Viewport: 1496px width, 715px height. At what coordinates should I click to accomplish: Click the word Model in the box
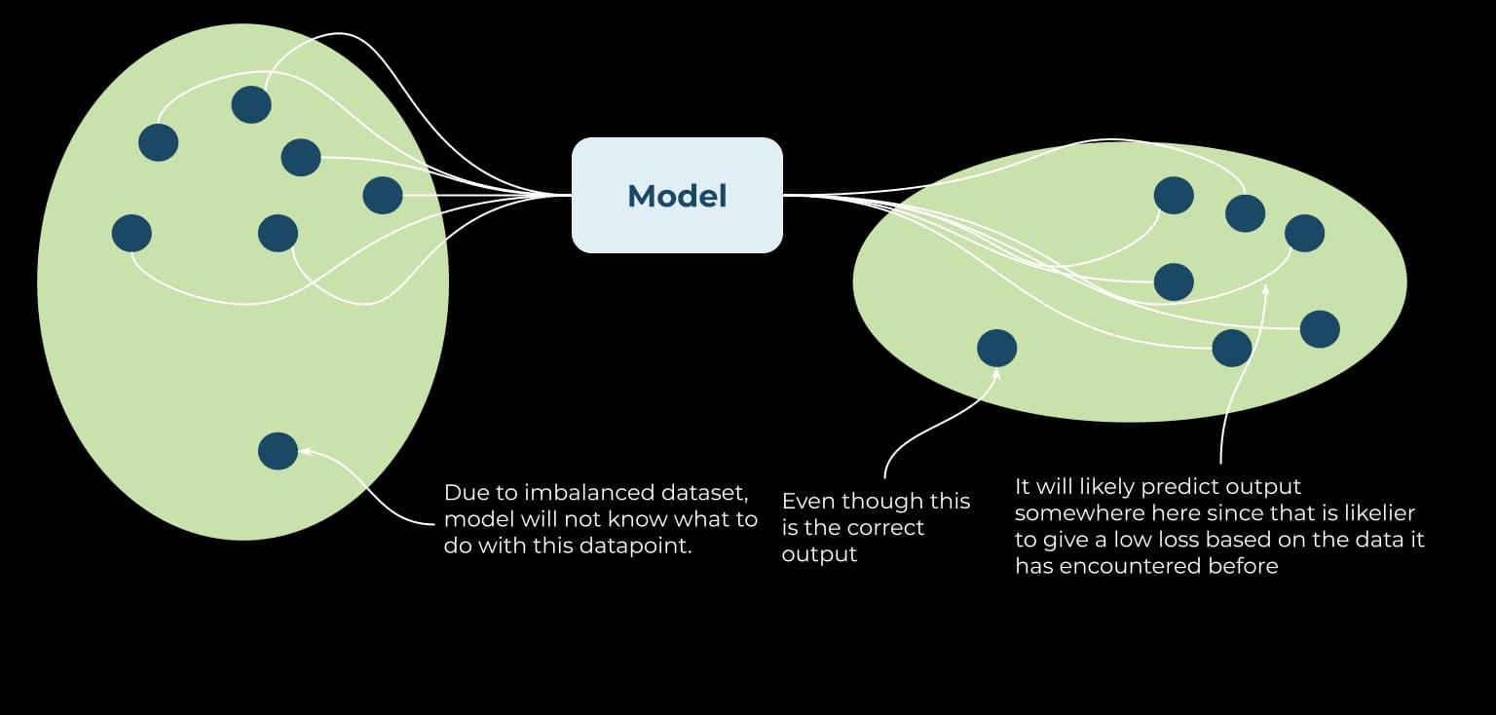pyautogui.click(x=677, y=196)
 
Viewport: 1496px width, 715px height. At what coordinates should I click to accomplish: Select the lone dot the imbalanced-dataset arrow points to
pyautogui.click(x=278, y=451)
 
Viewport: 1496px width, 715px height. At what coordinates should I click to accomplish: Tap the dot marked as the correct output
pyautogui.click(x=996, y=348)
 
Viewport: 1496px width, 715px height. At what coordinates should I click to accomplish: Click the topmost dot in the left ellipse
pyautogui.click(x=251, y=103)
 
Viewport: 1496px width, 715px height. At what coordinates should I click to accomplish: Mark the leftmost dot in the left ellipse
pyautogui.click(x=131, y=233)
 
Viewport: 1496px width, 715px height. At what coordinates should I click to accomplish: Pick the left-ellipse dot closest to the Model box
pyautogui.click(x=383, y=195)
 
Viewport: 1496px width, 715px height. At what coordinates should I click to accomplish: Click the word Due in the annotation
pyautogui.click(x=465, y=493)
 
